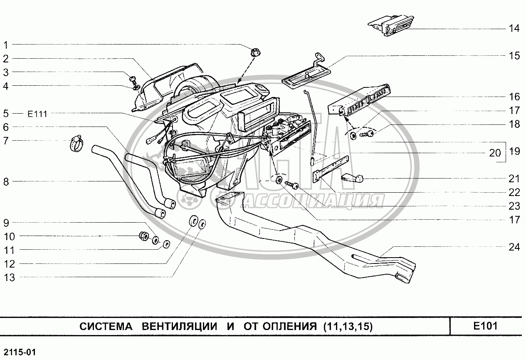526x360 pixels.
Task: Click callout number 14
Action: tap(514, 29)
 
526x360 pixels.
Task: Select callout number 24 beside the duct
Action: tap(514, 247)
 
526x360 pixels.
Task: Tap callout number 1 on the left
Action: tap(6, 45)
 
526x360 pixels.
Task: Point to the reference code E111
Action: tap(38, 113)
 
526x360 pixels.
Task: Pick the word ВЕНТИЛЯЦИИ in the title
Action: tap(179, 326)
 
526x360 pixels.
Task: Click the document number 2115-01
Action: tap(17, 353)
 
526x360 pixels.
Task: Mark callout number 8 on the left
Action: tap(6, 181)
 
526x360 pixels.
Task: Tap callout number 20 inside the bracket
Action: tap(495, 153)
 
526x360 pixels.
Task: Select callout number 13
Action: tap(9, 278)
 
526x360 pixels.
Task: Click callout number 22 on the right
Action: tap(514, 192)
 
